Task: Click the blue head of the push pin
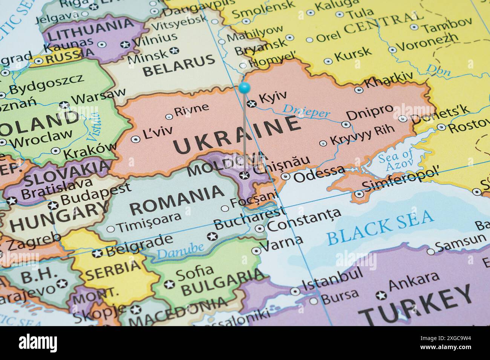[x=244, y=88]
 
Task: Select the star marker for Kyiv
[x=252, y=103]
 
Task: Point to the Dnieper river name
[x=306, y=111]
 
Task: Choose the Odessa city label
[x=319, y=174]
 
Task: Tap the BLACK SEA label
[x=380, y=226]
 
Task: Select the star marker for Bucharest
[x=212, y=236]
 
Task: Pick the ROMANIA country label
[x=176, y=200]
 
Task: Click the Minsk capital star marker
[x=174, y=50]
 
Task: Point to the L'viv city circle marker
[x=135, y=139]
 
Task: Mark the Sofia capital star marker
[x=168, y=284]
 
